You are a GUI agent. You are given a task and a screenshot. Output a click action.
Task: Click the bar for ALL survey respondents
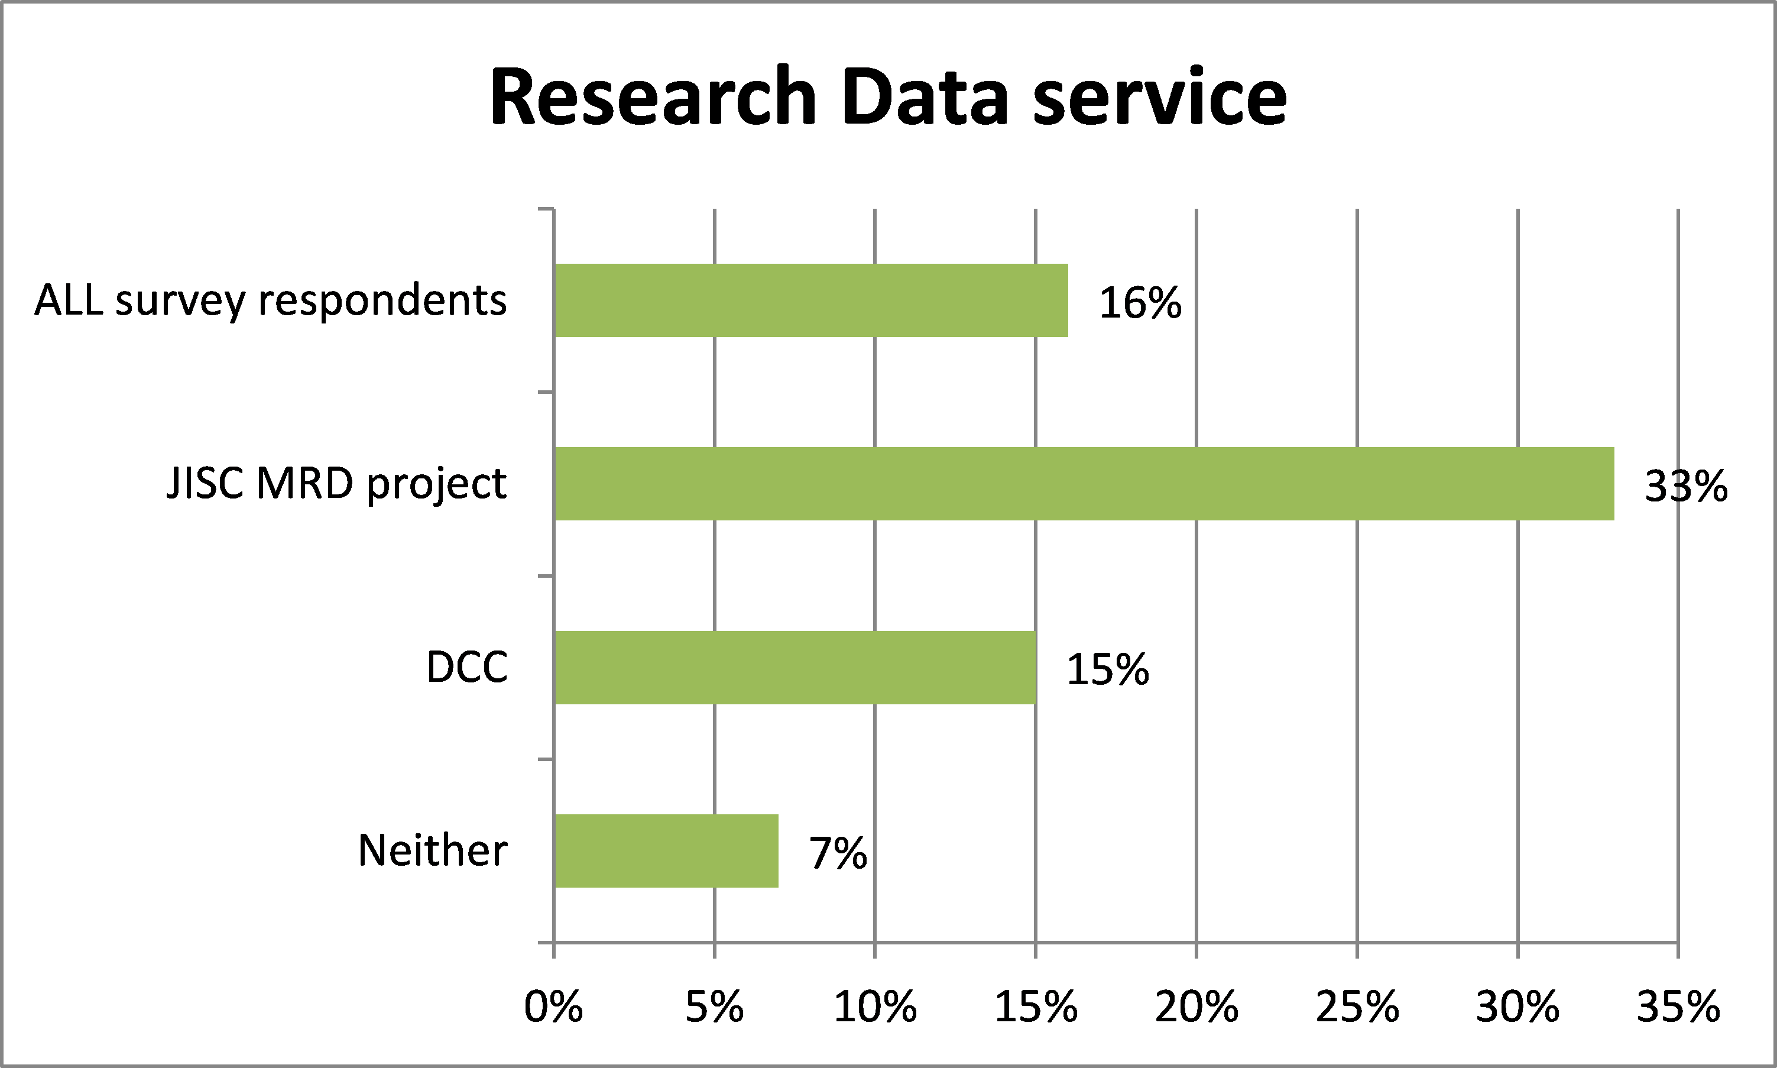(x=811, y=300)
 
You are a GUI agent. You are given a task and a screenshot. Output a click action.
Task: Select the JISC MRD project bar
(x=1084, y=484)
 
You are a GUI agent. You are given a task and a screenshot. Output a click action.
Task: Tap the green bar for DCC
(x=795, y=667)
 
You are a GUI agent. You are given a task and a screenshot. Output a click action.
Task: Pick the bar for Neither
(x=666, y=850)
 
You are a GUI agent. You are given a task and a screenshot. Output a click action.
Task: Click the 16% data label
(x=1140, y=302)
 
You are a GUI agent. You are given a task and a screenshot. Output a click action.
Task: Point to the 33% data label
(x=1685, y=487)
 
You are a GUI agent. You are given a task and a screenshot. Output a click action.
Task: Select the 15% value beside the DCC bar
(x=1108, y=670)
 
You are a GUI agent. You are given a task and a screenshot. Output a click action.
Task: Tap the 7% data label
(x=838, y=853)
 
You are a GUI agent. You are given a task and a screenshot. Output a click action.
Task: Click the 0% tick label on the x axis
(x=553, y=1007)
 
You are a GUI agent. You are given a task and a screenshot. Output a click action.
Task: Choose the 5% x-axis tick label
(x=714, y=1007)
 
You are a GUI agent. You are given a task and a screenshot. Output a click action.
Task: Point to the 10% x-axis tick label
(x=875, y=1007)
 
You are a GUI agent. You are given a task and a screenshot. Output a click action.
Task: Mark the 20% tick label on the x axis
(x=1196, y=1007)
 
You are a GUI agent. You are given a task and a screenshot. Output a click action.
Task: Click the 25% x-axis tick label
(x=1357, y=1007)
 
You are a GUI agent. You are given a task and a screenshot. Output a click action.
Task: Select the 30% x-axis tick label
(x=1517, y=1007)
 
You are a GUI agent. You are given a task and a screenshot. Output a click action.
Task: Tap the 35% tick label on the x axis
(x=1678, y=1007)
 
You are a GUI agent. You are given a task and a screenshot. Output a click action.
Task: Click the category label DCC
(x=467, y=667)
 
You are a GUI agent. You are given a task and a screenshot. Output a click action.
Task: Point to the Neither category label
(x=432, y=850)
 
